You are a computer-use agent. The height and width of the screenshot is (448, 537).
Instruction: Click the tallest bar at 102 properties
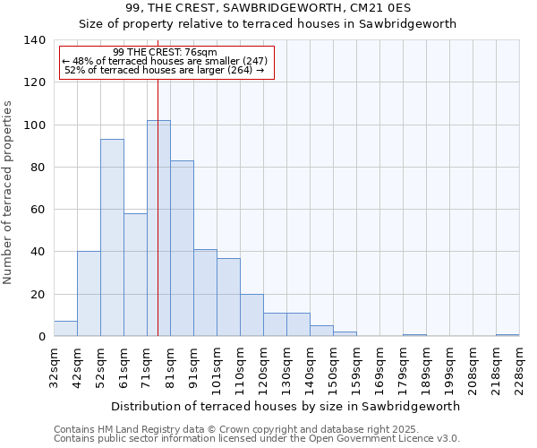point(158,228)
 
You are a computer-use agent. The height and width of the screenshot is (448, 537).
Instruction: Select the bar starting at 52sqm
point(112,237)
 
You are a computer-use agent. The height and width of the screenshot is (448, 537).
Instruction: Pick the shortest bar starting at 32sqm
point(65,329)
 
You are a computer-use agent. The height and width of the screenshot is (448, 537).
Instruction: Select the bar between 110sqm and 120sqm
point(251,315)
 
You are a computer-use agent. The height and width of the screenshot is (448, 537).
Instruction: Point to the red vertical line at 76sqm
point(158,179)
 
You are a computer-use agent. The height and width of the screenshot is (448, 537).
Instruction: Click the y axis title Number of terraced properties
point(9,193)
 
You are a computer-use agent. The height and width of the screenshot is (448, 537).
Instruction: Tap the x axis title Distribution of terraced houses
point(286,406)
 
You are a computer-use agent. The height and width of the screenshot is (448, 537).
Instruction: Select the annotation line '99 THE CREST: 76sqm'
point(166,53)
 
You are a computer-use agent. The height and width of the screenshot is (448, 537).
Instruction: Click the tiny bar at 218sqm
point(507,335)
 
